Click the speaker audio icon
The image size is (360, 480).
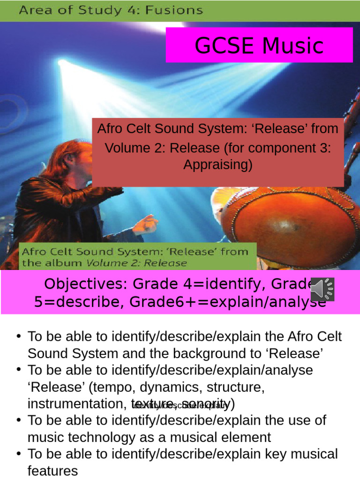322,289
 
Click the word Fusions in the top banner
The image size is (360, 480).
179,10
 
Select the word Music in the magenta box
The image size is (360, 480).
292,45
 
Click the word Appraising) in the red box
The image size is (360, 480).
217,165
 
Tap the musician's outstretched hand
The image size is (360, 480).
146,224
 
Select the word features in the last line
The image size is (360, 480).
52,471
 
